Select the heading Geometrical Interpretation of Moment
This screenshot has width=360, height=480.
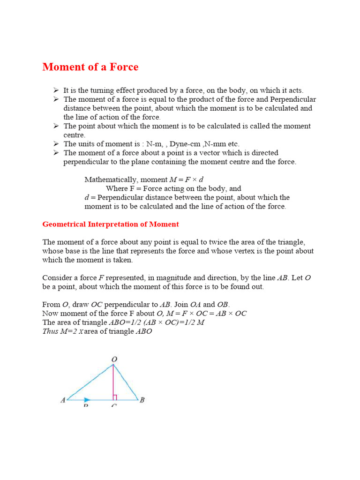point(111,224)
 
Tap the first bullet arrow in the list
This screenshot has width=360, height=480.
point(55,90)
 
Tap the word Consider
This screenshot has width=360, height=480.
point(57,277)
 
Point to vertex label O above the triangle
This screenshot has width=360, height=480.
point(113,360)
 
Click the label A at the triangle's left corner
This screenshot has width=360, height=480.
point(62,400)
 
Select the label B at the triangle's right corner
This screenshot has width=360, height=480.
point(142,400)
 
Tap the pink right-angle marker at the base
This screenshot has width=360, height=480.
point(115,397)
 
